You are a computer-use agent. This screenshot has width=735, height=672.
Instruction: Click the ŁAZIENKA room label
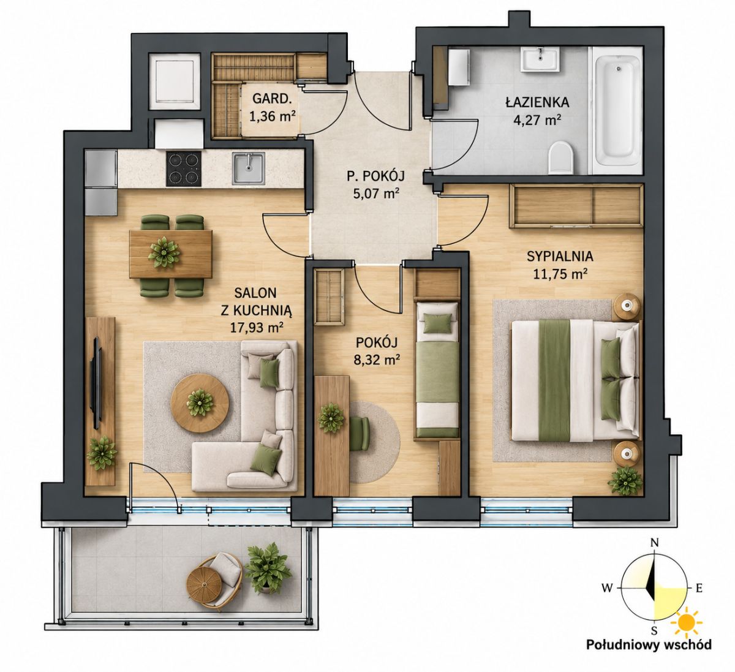tap(537, 102)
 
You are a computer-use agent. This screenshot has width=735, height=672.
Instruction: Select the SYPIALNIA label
tap(560, 256)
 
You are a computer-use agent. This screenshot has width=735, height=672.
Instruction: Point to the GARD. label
tap(272, 99)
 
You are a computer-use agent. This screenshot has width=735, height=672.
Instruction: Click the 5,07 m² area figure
tap(376, 193)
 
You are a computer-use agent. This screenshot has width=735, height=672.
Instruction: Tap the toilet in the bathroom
tap(560, 157)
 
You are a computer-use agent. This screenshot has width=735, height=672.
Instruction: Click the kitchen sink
tap(249, 168)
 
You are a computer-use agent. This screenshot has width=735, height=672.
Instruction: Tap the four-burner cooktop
tap(184, 169)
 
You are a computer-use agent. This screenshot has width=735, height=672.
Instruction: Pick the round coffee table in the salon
tap(200, 403)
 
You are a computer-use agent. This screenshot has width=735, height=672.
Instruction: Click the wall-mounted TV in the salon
tap(97, 383)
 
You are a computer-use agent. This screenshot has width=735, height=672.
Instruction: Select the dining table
tap(171, 254)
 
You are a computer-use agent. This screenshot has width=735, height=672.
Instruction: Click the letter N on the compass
tap(654, 543)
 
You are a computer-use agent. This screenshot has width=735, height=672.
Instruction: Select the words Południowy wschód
tap(649, 655)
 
